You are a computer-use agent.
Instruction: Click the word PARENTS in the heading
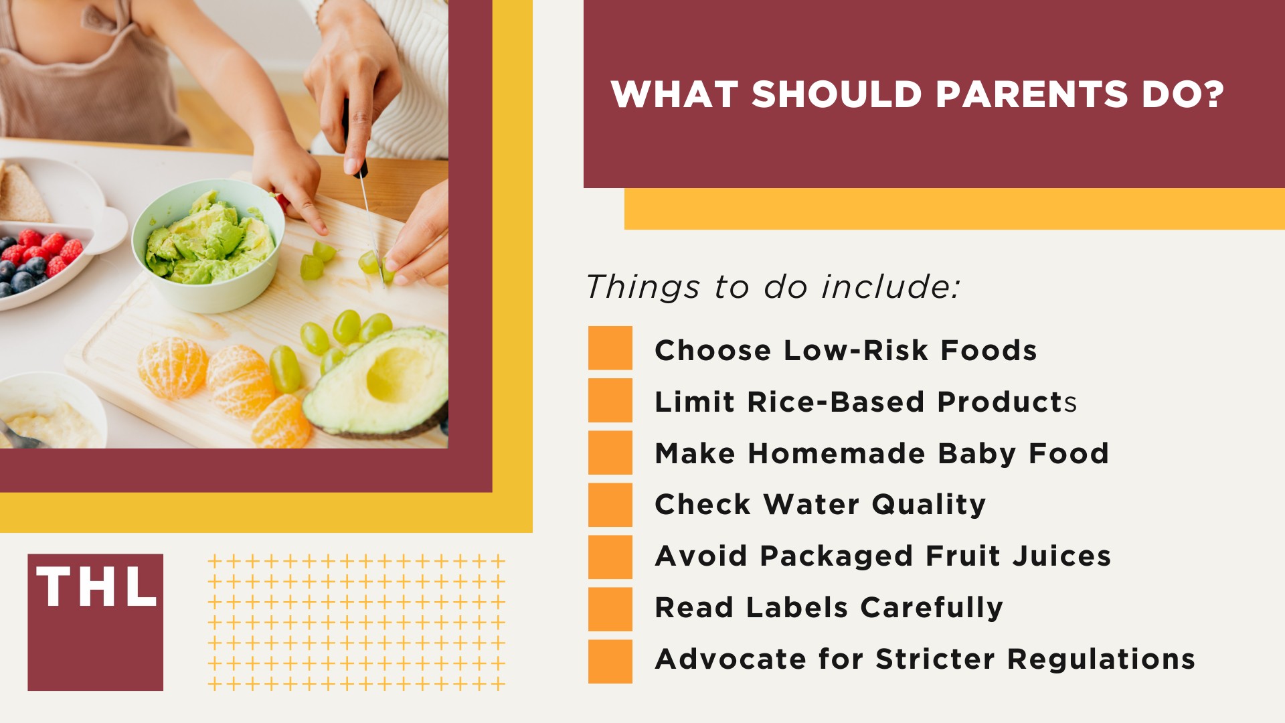[1032, 94]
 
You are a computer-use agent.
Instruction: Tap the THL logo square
[95, 622]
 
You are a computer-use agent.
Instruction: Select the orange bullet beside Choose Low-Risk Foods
[610, 348]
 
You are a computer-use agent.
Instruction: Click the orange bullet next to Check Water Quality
[610, 504]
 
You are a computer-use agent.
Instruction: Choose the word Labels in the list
[796, 607]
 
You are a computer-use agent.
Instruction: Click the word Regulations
[1101, 659]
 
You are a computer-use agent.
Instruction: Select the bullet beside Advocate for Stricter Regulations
[610, 661]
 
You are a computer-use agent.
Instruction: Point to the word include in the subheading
[890, 287]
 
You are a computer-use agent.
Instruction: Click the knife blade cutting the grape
[369, 214]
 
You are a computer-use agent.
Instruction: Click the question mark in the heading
[1211, 94]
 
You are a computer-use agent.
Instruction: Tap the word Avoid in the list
[701, 556]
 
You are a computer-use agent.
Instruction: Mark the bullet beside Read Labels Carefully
[610, 609]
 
